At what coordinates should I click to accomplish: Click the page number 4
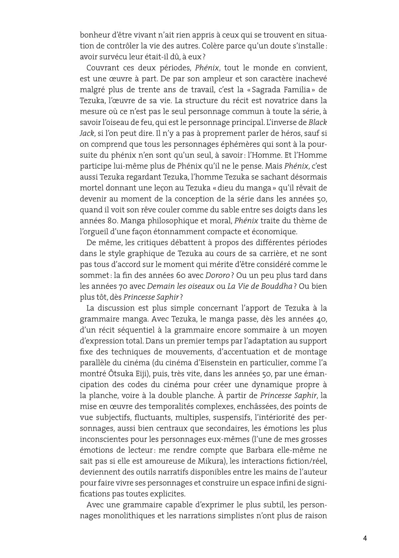pos(365,538)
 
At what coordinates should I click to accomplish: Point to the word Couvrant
pos(100,68)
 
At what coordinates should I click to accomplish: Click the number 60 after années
pos(184,275)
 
